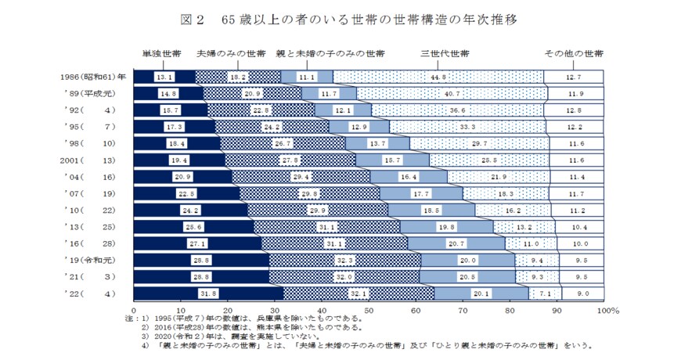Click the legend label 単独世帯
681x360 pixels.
[162, 54]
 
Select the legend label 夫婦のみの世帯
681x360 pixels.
[231, 54]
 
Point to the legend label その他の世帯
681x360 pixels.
[574, 54]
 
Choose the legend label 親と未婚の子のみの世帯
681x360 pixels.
[330, 54]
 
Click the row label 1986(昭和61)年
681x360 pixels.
[93, 77]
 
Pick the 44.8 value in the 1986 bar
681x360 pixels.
[438, 77]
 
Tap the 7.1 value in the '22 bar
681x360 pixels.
[546, 293]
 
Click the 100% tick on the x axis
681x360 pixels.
[607, 310]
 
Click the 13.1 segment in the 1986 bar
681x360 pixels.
[164, 77]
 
